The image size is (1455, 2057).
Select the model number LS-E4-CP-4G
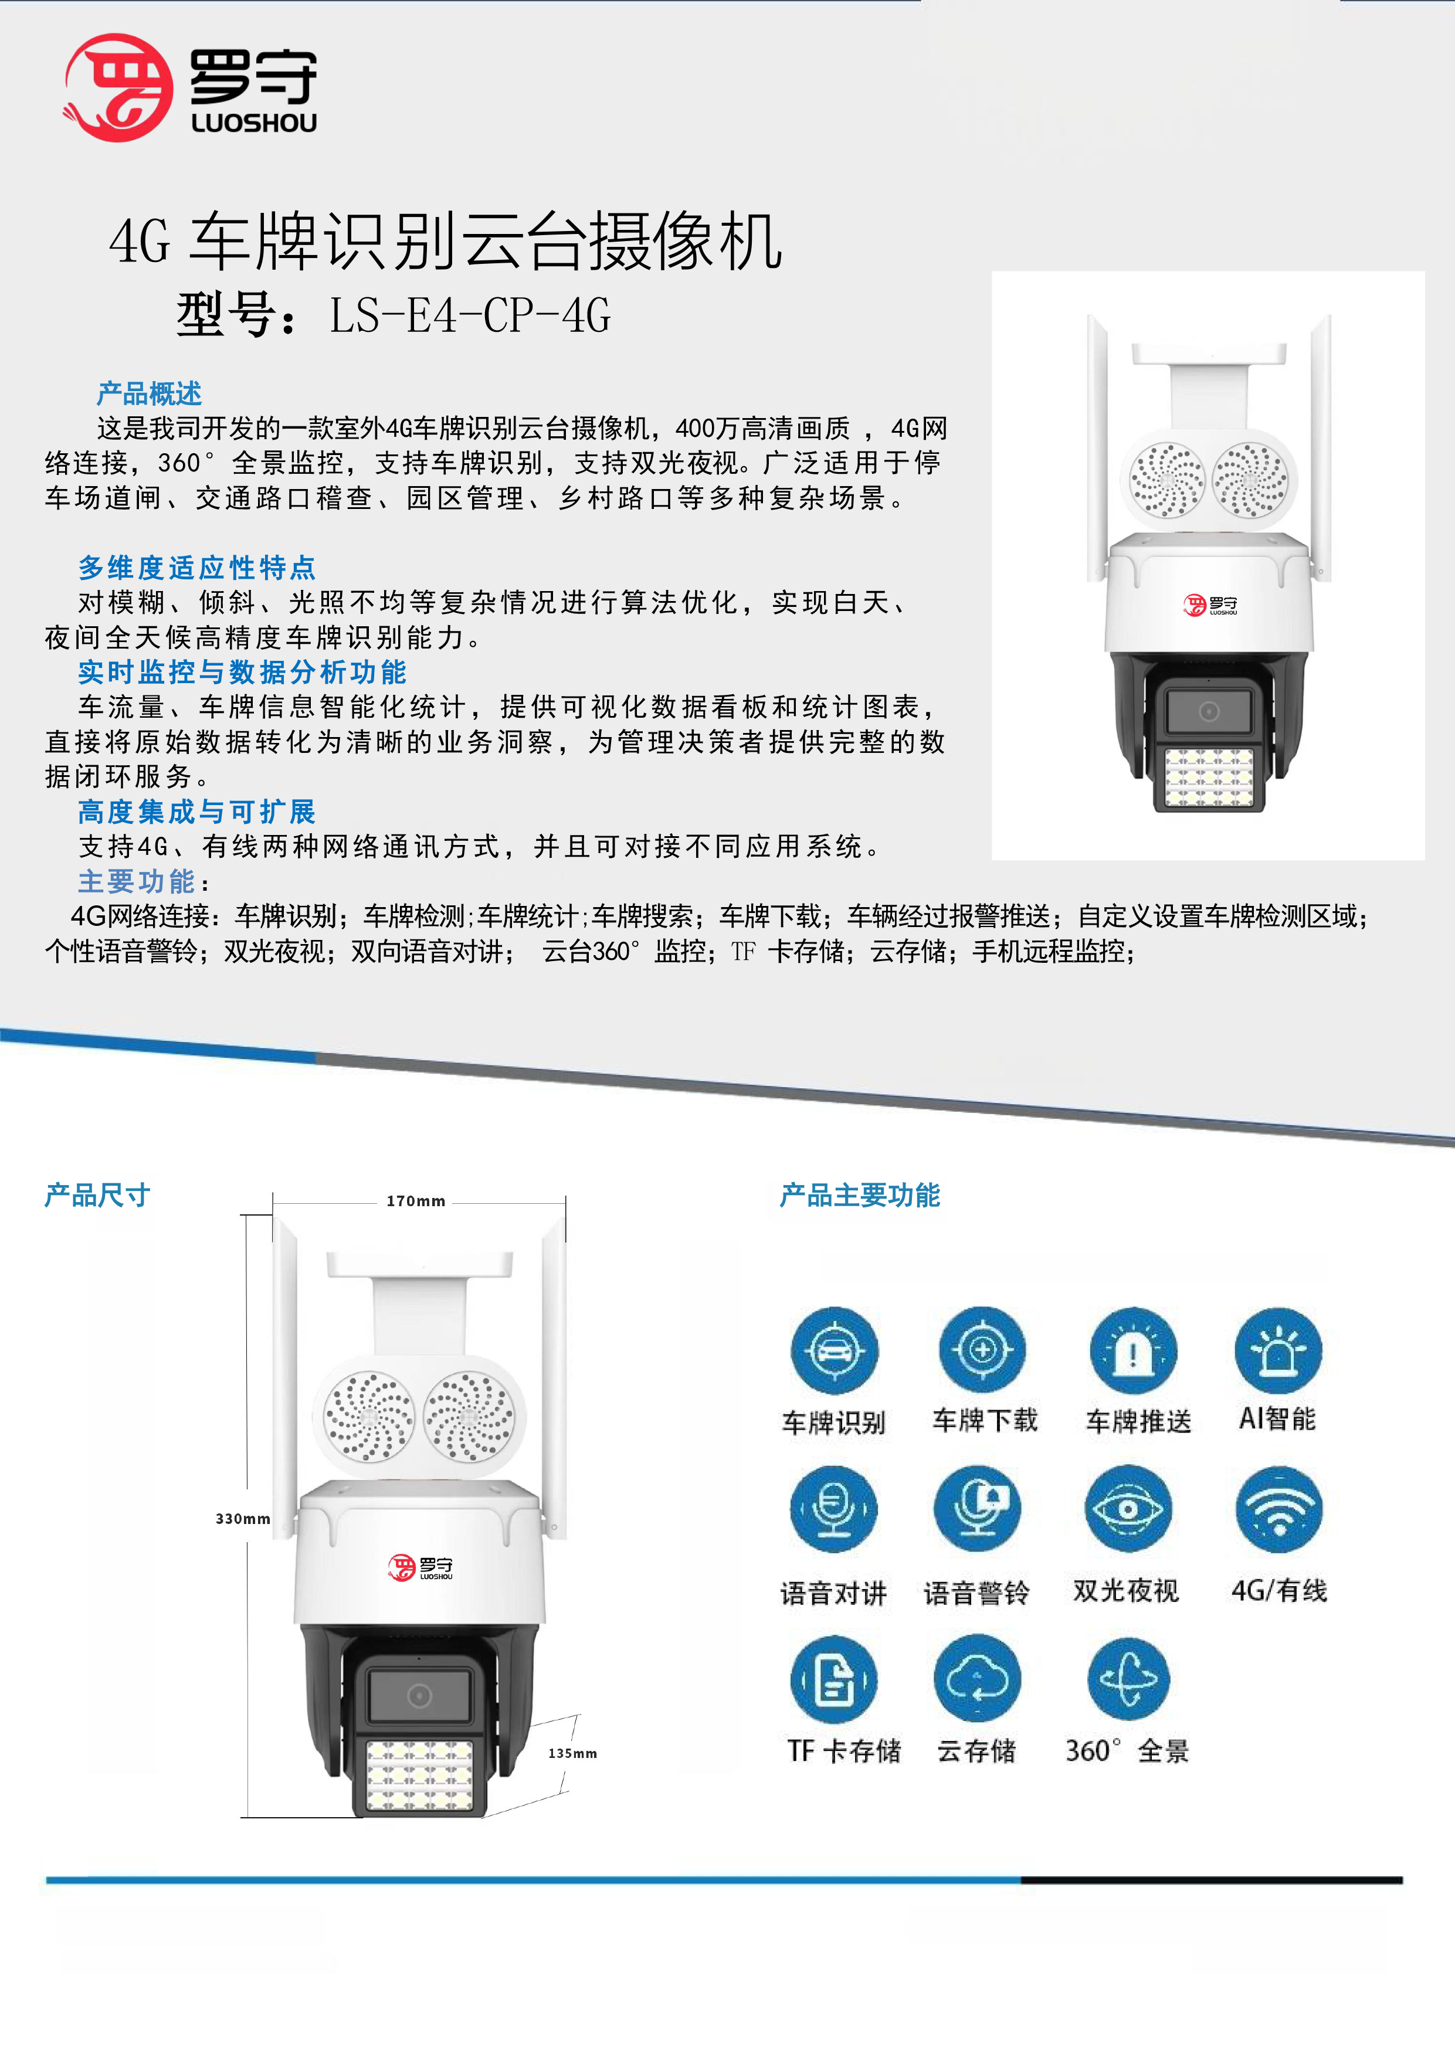(470, 315)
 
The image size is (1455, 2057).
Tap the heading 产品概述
(149, 393)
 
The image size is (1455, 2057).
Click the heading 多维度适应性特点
(196, 567)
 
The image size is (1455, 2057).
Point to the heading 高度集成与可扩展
(196, 812)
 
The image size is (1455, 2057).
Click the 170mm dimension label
(416, 1200)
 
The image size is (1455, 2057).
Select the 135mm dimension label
(572, 1753)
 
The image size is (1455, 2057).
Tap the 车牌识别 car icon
(834, 1351)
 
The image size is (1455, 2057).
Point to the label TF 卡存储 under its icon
(844, 1750)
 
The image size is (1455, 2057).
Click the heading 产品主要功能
(860, 1195)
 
